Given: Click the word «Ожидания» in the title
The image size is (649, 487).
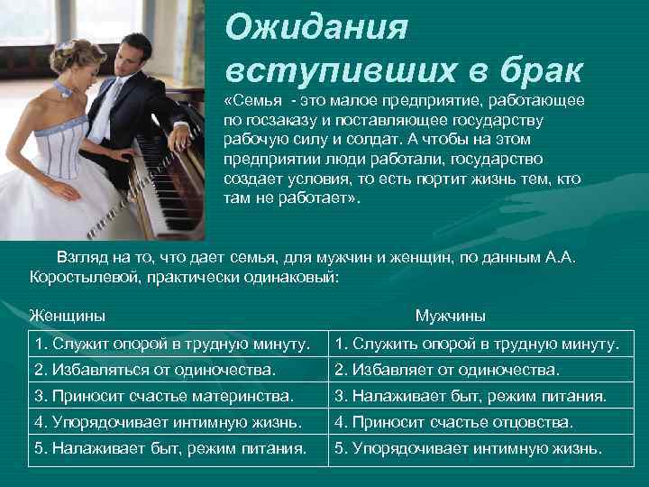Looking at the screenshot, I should tap(316, 28).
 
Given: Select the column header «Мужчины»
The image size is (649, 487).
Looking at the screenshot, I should tap(450, 316).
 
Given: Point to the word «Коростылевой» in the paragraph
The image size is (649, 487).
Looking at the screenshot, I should tap(78, 277).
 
